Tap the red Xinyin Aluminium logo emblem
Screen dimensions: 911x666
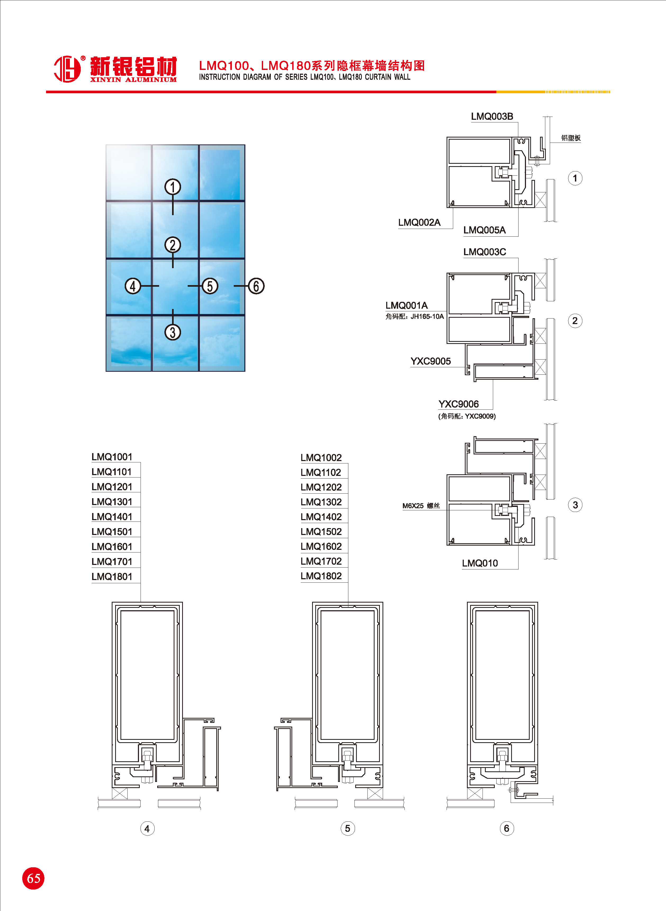point(67,69)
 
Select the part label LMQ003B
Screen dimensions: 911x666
point(492,117)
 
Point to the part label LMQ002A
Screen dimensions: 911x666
point(419,223)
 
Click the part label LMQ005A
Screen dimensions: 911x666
point(484,230)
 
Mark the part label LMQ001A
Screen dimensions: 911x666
point(406,306)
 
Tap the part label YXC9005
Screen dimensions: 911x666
point(431,361)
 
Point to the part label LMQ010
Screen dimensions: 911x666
point(480,563)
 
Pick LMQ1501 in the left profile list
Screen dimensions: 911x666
point(112,532)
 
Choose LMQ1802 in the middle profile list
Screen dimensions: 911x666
point(321,576)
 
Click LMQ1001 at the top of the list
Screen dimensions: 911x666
point(112,457)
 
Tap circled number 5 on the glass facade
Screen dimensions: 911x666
point(210,286)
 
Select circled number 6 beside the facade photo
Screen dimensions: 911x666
point(256,286)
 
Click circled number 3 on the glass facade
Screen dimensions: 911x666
point(173,333)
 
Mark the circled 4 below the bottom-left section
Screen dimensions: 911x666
point(147,829)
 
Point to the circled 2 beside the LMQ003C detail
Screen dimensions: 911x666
point(575,321)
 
